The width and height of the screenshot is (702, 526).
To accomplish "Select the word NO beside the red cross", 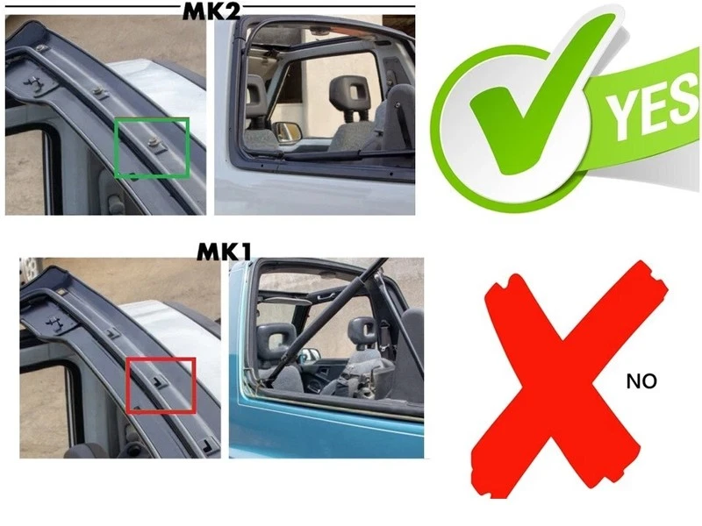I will coord(641,381).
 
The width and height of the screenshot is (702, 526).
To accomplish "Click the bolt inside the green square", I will coord(154,140).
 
